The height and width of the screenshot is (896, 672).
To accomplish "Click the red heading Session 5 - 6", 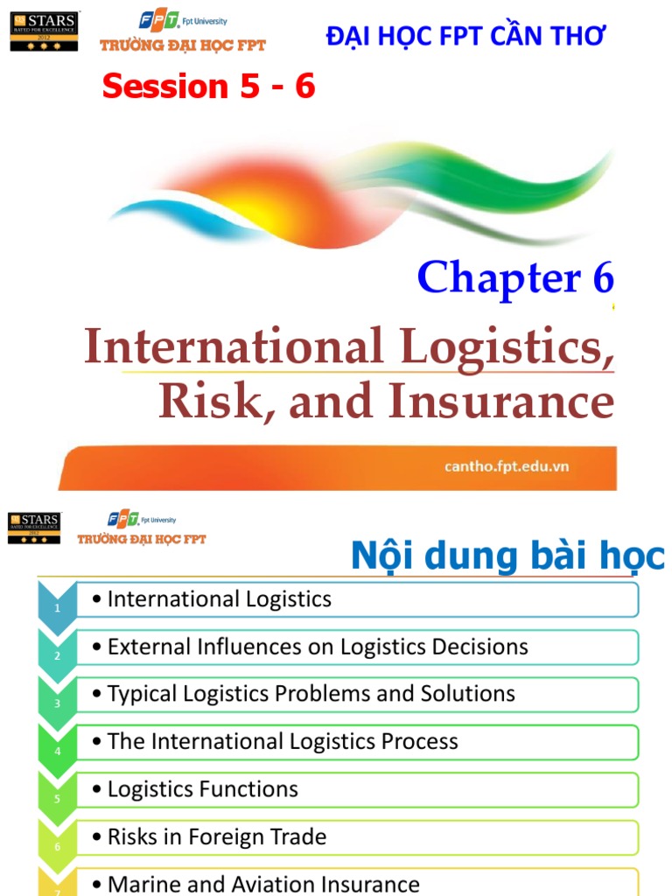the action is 208,86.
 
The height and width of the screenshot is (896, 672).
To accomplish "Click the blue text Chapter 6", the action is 515,277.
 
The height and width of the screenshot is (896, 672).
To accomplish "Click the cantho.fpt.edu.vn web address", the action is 507,466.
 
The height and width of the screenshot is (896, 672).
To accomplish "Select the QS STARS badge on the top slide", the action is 44,31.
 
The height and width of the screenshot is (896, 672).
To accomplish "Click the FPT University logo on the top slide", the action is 183,32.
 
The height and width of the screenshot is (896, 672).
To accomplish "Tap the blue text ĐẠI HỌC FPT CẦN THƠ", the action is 465,36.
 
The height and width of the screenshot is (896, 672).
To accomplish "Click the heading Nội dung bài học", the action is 507,556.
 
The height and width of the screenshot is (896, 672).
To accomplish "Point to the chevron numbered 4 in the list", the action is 57,750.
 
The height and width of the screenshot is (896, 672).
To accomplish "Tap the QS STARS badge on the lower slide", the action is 34,528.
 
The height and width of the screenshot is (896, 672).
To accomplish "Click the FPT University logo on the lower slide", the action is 142,528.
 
